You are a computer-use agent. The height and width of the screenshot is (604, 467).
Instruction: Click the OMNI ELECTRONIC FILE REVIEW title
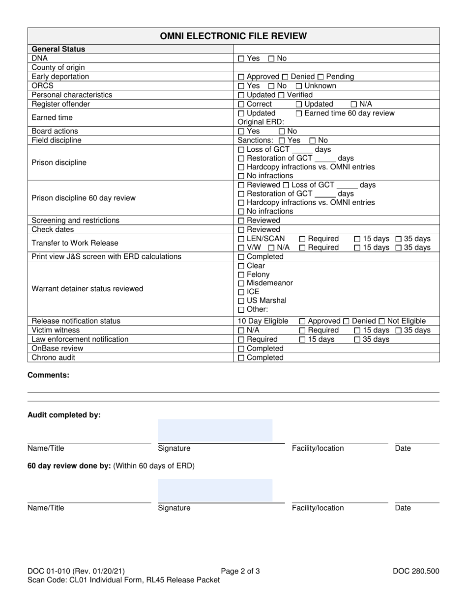click(x=233, y=36)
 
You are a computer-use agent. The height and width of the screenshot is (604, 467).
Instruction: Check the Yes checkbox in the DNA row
click(x=240, y=58)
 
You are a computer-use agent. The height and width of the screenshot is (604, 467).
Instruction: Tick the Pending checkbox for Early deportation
click(x=321, y=77)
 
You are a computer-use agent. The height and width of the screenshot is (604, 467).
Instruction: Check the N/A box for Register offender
click(x=353, y=105)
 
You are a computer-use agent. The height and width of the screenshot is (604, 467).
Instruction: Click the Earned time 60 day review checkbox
click(x=299, y=113)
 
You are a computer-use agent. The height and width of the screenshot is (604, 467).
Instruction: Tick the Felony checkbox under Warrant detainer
click(x=240, y=275)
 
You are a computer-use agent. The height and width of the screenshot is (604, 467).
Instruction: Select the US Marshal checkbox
click(x=240, y=301)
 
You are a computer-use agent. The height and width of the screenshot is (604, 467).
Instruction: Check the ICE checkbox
click(x=240, y=292)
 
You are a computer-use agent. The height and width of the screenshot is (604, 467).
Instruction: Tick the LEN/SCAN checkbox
click(x=240, y=239)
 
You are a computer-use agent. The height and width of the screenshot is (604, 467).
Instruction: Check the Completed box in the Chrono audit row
click(x=240, y=358)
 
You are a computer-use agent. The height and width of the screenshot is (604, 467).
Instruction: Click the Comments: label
click(x=48, y=375)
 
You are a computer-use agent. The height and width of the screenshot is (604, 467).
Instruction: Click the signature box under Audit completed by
click(x=215, y=431)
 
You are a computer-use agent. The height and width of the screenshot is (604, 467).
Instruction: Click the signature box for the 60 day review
click(x=215, y=490)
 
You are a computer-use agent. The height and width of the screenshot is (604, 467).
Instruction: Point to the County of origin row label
click(x=58, y=67)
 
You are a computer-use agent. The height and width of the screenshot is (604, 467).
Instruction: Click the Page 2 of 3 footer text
click(x=240, y=571)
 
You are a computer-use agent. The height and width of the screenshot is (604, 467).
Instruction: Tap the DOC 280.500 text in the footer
click(x=416, y=571)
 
